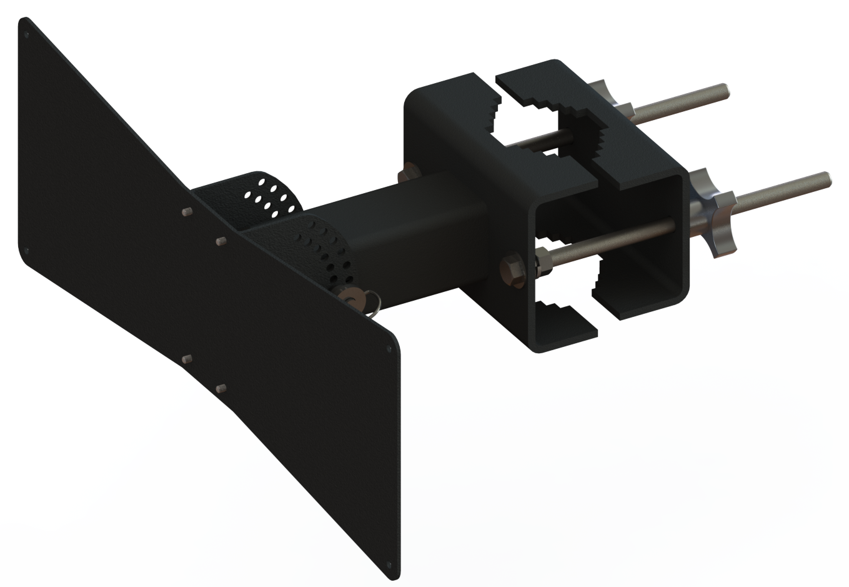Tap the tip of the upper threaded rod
[723, 89]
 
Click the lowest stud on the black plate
[220, 389]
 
